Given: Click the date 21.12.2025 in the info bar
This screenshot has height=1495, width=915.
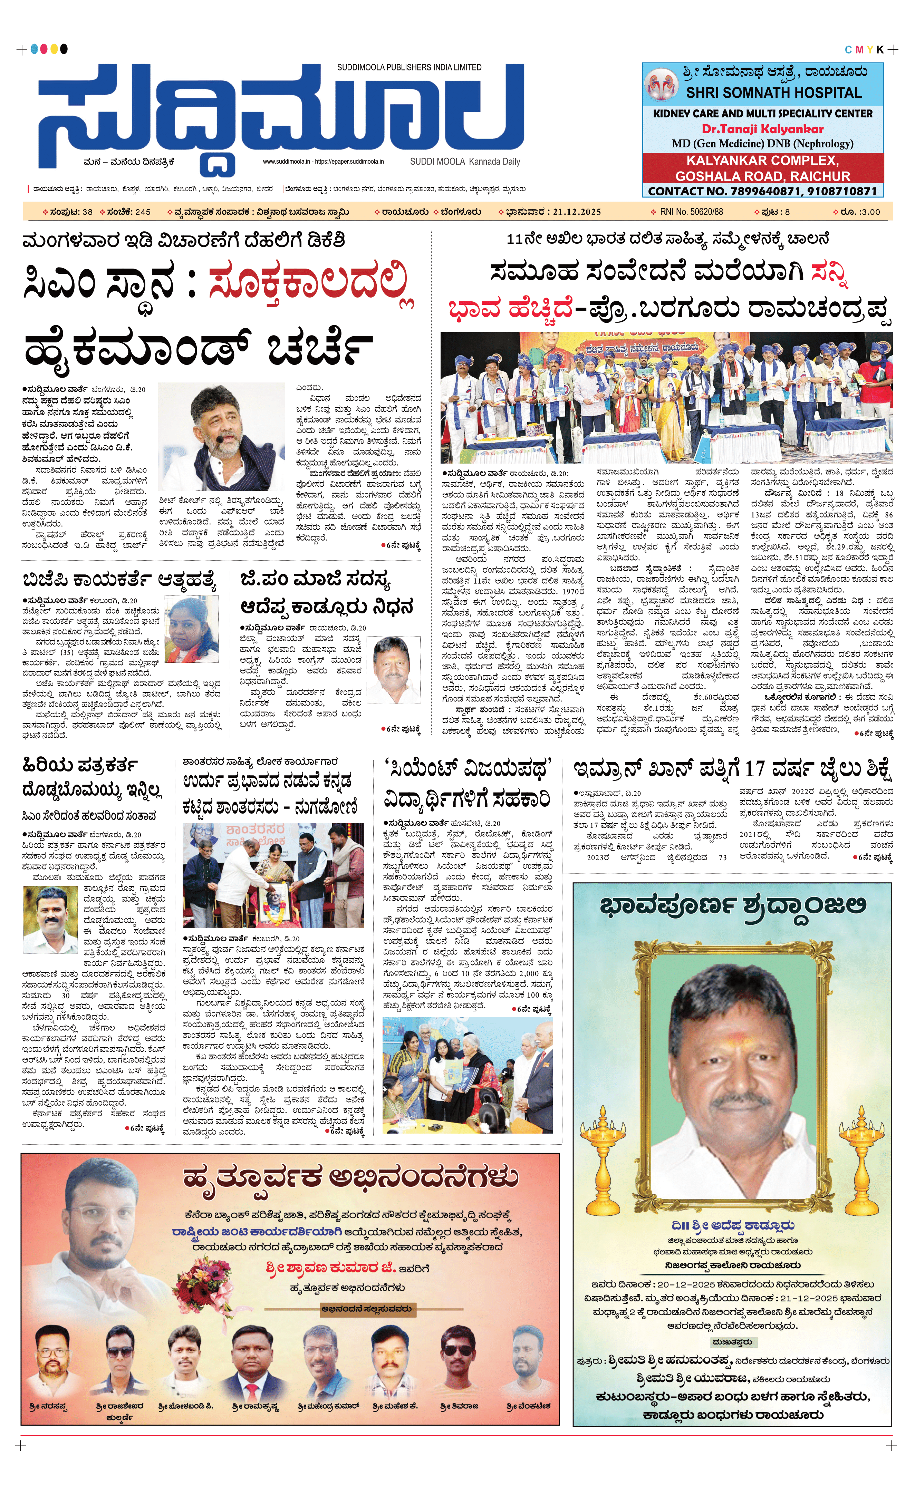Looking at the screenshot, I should click(576, 212).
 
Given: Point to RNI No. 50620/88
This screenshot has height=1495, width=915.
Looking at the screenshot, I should click(692, 212).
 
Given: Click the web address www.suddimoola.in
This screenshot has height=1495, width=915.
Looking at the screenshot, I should click(286, 162).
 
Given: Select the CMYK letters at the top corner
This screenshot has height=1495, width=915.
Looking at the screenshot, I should click(864, 50).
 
